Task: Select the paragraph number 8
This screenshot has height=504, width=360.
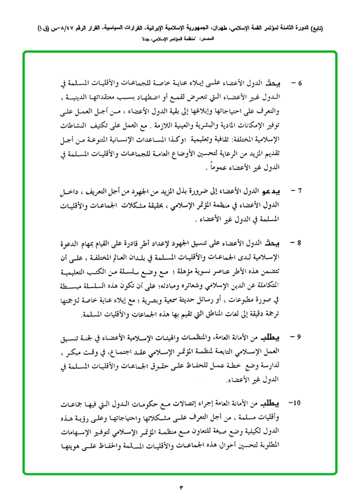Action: (x=300, y=241)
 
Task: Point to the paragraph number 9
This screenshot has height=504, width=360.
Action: (x=300, y=337)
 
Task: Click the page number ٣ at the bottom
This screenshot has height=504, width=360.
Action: (x=180, y=487)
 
